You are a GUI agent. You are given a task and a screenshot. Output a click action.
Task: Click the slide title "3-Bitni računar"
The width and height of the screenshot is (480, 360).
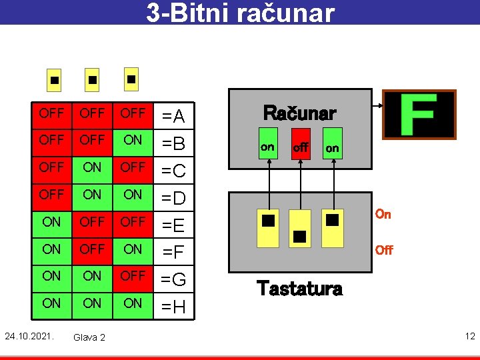coord(240,13)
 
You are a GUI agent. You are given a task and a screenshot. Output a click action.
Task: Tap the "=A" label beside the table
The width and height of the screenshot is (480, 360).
coord(173,117)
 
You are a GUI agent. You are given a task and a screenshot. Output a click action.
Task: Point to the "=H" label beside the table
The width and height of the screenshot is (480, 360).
coord(173,307)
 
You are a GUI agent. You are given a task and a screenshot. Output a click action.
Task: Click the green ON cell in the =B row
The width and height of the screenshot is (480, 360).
coord(133,141)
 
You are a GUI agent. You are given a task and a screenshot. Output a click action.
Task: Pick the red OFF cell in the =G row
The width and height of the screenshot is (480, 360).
coord(133,276)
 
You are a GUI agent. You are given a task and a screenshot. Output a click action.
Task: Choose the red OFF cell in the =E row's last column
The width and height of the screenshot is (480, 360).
coord(133,221)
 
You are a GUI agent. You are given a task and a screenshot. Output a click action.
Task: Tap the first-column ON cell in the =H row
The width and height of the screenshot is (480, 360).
coord(51,303)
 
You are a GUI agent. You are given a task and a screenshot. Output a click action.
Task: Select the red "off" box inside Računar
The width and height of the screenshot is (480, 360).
coord(301,147)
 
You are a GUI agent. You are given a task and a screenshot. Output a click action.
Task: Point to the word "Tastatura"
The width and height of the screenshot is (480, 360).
coord(299,288)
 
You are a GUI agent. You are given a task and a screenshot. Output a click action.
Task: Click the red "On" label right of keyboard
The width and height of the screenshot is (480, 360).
coord(383,214)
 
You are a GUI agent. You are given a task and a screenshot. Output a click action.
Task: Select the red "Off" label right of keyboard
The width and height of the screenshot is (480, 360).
coord(383,250)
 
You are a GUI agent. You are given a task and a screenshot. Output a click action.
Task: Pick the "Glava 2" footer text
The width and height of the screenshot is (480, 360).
coord(89,337)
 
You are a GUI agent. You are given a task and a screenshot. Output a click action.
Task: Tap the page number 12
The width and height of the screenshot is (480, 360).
coord(470,335)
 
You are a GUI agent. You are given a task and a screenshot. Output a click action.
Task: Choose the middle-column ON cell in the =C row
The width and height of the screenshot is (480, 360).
coord(92,167)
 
